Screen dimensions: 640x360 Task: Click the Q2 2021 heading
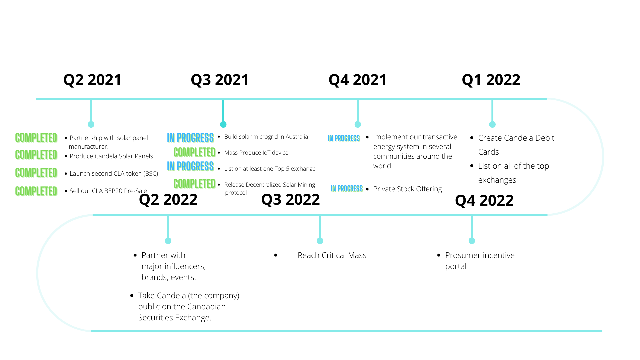(x=92, y=80)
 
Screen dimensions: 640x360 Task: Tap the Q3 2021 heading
(x=220, y=80)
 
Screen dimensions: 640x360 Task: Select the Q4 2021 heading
(x=358, y=80)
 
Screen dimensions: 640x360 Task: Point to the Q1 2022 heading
(x=491, y=80)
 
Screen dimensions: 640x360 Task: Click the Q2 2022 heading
(x=168, y=200)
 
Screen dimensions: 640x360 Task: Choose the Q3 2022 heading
(x=290, y=200)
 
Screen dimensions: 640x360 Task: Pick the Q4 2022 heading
(x=484, y=201)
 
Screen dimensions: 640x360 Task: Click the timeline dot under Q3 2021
(x=223, y=124)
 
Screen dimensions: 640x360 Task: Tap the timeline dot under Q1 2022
(x=492, y=124)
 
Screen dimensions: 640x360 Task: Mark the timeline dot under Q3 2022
(x=320, y=241)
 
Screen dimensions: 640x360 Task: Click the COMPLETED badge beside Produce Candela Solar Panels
(x=36, y=155)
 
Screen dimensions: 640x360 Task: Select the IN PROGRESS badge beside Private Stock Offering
(x=347, y=189)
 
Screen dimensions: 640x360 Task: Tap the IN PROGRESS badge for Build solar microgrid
(x=190, y=138)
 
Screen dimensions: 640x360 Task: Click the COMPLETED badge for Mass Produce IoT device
(x=194, y=152)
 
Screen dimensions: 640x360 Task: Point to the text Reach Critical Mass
(x=332, y=255)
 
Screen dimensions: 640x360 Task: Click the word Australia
(x=296, y=137)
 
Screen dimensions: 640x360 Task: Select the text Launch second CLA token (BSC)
(x=114, y=174)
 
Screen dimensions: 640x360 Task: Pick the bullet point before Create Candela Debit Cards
(x=472, y=138)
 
